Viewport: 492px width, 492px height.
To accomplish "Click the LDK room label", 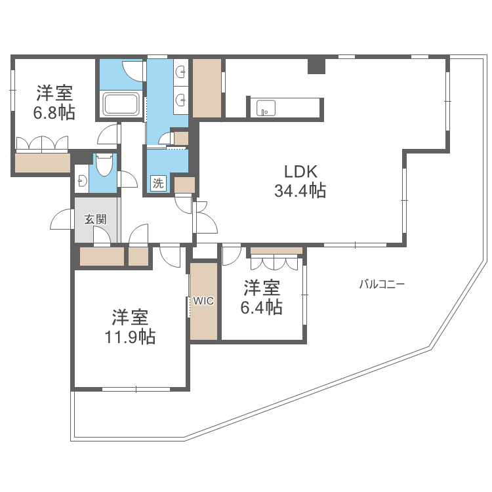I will coord(300,172).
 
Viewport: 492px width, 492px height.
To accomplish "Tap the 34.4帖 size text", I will coord(300,192).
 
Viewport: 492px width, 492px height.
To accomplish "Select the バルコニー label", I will coord(381,284).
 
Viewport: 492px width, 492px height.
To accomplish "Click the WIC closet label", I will coord(203,301).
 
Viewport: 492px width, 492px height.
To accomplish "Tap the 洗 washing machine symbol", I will coord(157,184).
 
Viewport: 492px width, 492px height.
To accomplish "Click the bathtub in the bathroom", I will coord(120,104).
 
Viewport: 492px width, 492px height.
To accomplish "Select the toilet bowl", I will coord(104,165).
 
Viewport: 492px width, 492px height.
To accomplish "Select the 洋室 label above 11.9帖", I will coord(129,318).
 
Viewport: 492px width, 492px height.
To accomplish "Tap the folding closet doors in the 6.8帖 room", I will coord(42,144).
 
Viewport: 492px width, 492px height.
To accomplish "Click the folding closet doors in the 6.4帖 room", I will coord(276,262).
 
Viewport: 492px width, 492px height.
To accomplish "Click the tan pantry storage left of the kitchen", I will coord(207,88).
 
